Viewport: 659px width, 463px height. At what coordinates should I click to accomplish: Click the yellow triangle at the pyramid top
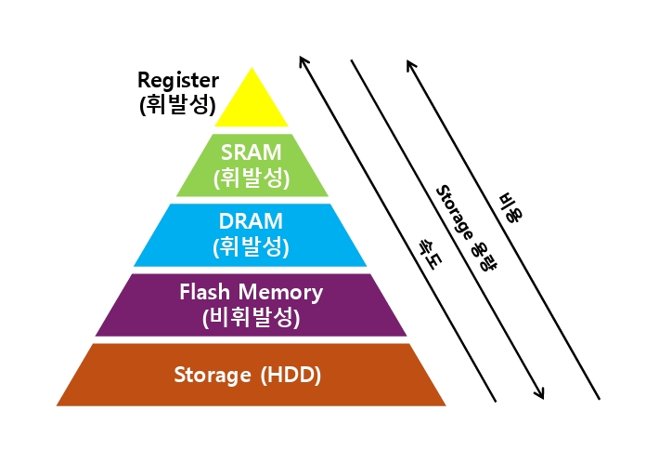(252, 103)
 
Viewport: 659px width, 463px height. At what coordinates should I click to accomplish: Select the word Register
(178, 80)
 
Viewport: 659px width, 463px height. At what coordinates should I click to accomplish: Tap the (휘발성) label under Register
(178, 105)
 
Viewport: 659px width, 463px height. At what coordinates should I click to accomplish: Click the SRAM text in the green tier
(252, 152)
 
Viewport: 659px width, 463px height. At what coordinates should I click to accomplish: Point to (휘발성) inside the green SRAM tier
(252, 179)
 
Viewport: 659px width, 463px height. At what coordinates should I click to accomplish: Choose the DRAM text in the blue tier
(251, 221)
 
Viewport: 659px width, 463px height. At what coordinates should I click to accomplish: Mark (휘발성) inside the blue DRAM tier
(252, 246)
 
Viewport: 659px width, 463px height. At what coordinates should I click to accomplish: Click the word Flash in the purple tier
(205, 292)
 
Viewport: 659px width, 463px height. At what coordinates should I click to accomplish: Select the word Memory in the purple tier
(280, 293)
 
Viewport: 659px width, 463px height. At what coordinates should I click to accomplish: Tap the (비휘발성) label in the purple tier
(252, 317)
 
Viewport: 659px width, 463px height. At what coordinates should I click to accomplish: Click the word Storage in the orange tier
(213, 375)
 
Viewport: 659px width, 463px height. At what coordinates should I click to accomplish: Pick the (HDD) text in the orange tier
(291, 375)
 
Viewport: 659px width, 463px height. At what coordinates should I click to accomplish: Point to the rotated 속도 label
(429, 253)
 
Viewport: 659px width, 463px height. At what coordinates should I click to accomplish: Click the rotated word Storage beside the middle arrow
(454, 213)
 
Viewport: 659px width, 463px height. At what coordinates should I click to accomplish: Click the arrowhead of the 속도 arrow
(303, 60)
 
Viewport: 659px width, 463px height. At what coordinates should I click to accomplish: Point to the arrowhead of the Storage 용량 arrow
(540, 394)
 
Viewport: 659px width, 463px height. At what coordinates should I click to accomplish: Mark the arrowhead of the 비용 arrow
(410, 65)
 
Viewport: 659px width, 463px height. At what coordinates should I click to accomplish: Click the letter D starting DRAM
(226, 221)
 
